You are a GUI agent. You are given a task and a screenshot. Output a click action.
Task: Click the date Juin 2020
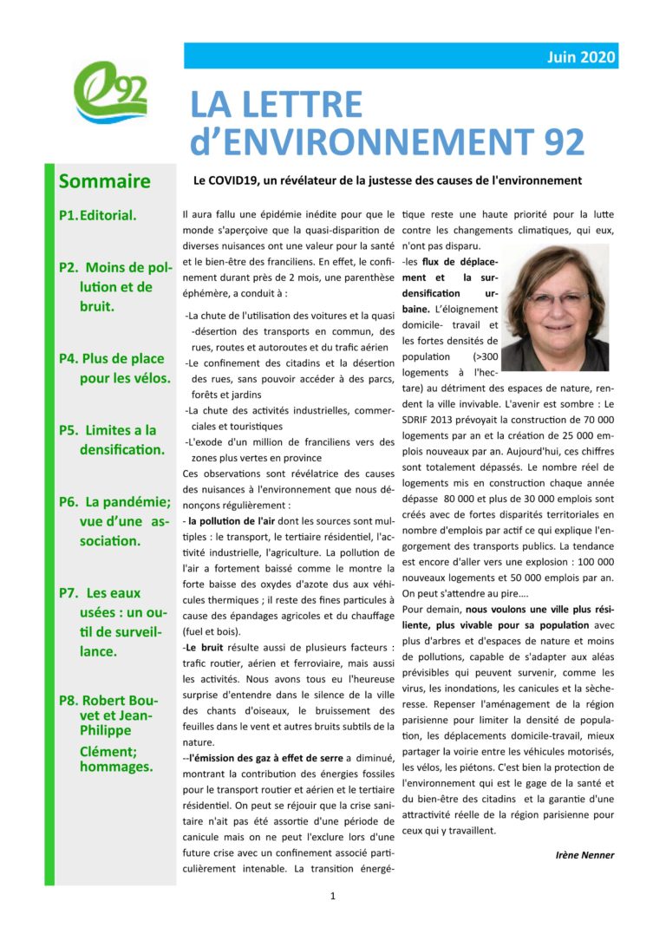coord(581,57)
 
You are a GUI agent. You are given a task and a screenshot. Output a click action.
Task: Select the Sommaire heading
coord(104,181)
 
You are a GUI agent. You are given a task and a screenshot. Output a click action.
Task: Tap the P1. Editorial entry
coord(97,215)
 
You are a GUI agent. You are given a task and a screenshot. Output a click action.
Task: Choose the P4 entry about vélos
coord(114,368)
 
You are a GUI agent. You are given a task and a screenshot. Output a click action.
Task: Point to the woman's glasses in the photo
coord(555,297)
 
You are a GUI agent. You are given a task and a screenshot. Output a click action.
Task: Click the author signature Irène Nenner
coord(584,854)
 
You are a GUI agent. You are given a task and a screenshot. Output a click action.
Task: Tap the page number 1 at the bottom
coord(333,897)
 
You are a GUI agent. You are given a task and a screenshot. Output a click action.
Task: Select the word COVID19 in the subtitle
coord(235,181)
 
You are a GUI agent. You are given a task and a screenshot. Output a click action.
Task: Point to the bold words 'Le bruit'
coord(205,648)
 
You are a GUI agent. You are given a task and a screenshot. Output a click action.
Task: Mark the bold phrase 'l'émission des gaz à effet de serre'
coord(265,757)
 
